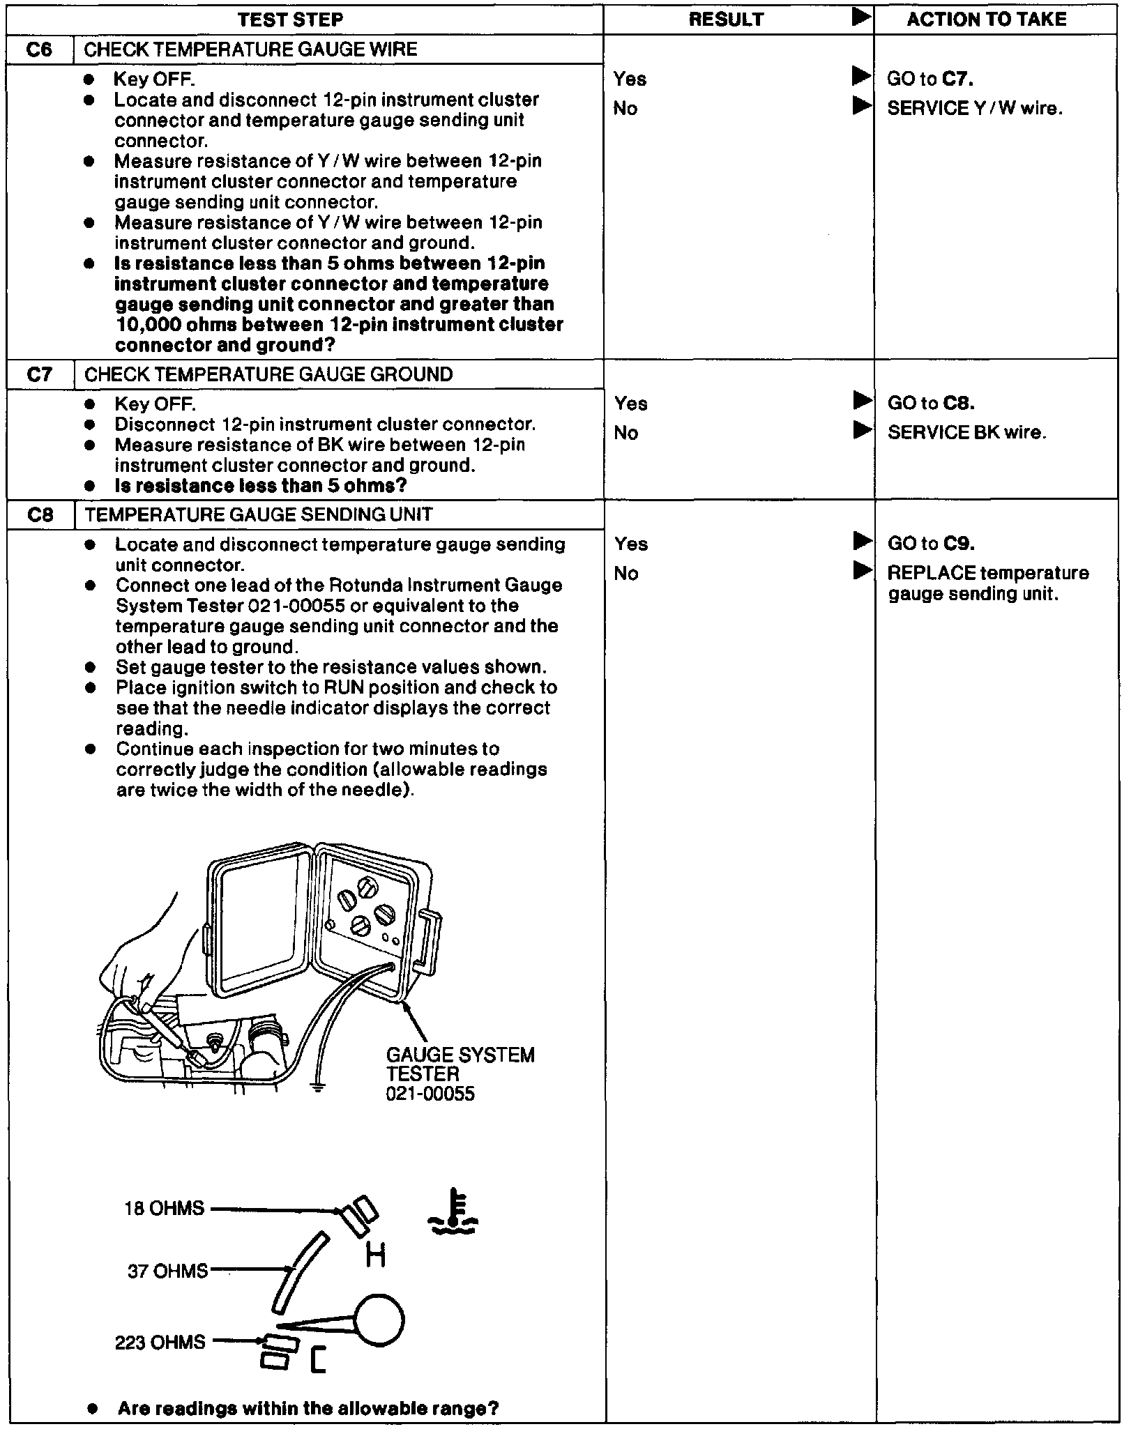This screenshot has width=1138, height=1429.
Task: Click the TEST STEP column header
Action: coord(290,19)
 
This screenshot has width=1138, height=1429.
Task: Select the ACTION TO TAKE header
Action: coord(986,19)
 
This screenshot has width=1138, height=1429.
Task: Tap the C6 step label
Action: coord(39,49)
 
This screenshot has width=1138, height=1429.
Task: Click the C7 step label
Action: coord(39,374)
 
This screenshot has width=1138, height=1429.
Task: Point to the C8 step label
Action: coord(40,514)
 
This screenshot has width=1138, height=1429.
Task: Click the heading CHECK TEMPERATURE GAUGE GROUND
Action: coord(268,374)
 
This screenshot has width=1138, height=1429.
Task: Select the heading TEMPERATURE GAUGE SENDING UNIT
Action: coord(258,514)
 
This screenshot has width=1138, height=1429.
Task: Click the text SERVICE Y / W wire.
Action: coord(974,108)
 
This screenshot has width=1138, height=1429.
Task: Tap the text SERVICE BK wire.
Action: coord(966,433)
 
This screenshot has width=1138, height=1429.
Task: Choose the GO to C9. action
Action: coord(931,544)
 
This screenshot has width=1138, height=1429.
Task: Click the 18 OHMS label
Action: coord(165,1208)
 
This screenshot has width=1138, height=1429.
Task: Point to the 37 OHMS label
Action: coord(167,1271)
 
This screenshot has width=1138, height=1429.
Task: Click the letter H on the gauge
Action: coord(375,1255)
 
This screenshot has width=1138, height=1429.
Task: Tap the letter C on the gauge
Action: coord(318,1379)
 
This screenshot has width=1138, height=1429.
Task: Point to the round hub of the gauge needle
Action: coord(379,1320)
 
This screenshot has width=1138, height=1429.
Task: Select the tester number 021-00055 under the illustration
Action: coord(430,1093)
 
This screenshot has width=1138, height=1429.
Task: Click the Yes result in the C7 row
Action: coord(630,404)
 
